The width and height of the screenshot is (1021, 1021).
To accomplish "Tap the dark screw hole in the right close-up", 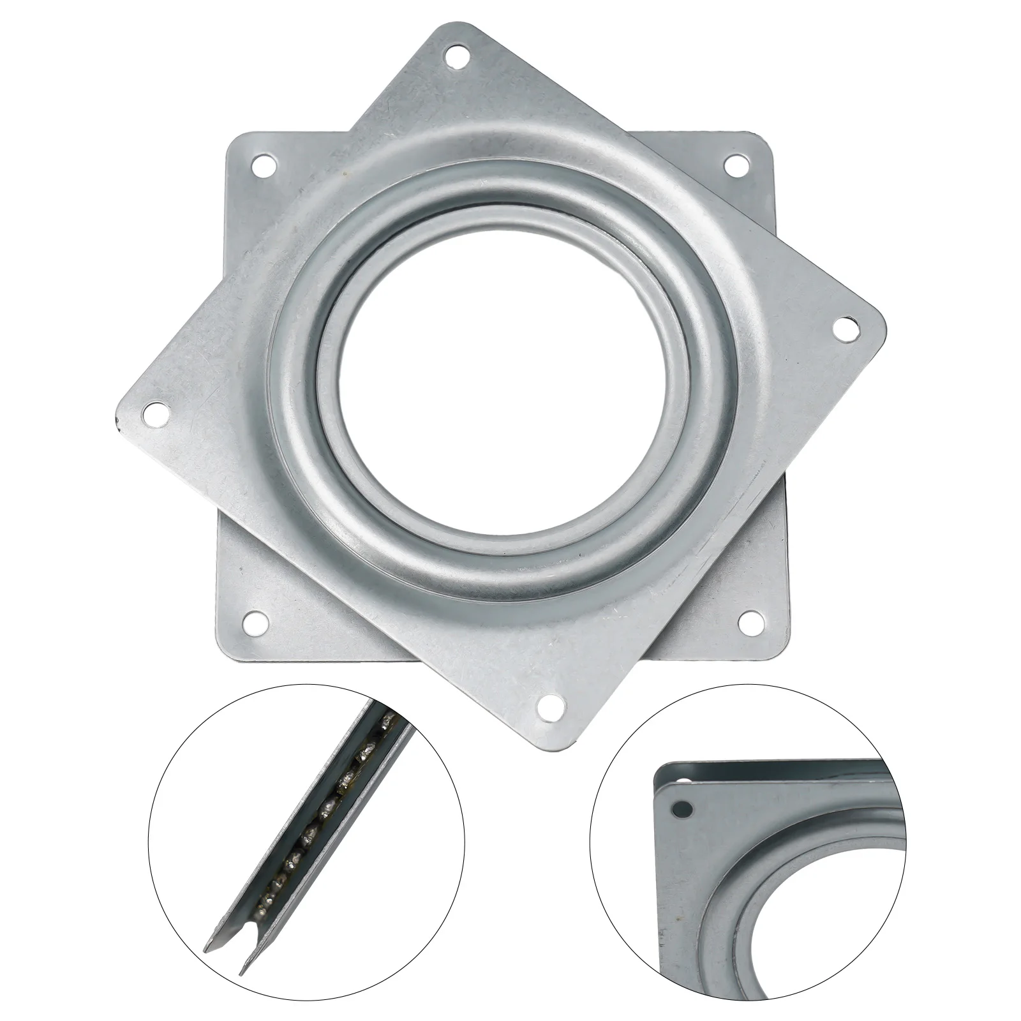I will [x=683, y=810].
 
